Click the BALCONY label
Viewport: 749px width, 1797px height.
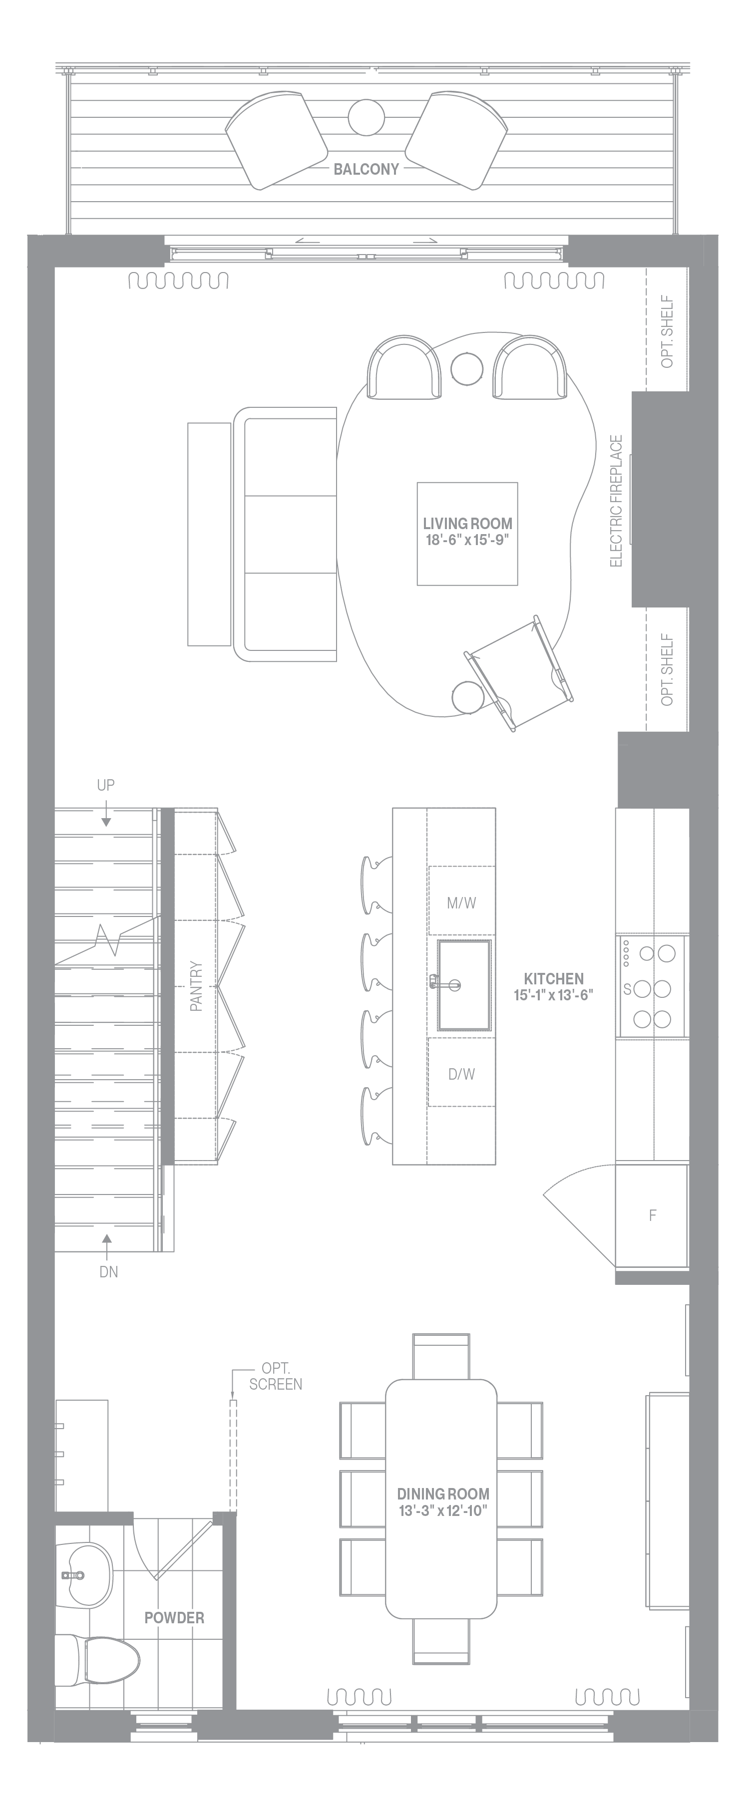coord(366,169)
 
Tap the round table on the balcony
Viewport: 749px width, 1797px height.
coord(366,117)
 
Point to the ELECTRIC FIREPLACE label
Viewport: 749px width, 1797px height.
coord(616,501)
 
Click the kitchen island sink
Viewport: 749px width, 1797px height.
coord(465,984)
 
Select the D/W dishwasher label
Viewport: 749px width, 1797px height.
coord(461,1074)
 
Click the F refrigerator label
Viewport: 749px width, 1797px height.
coord(653,1215)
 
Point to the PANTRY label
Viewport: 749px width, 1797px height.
coord(196,986)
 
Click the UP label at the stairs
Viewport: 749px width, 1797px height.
coord(105,785)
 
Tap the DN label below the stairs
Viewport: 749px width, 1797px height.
coord(108,1272)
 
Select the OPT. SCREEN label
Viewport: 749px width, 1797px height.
coord(276,1376)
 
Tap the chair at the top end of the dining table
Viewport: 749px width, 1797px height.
coord(441,1357)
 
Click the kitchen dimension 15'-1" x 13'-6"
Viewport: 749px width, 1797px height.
coord(554,995)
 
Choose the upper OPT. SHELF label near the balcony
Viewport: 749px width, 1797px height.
coord(667,332)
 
